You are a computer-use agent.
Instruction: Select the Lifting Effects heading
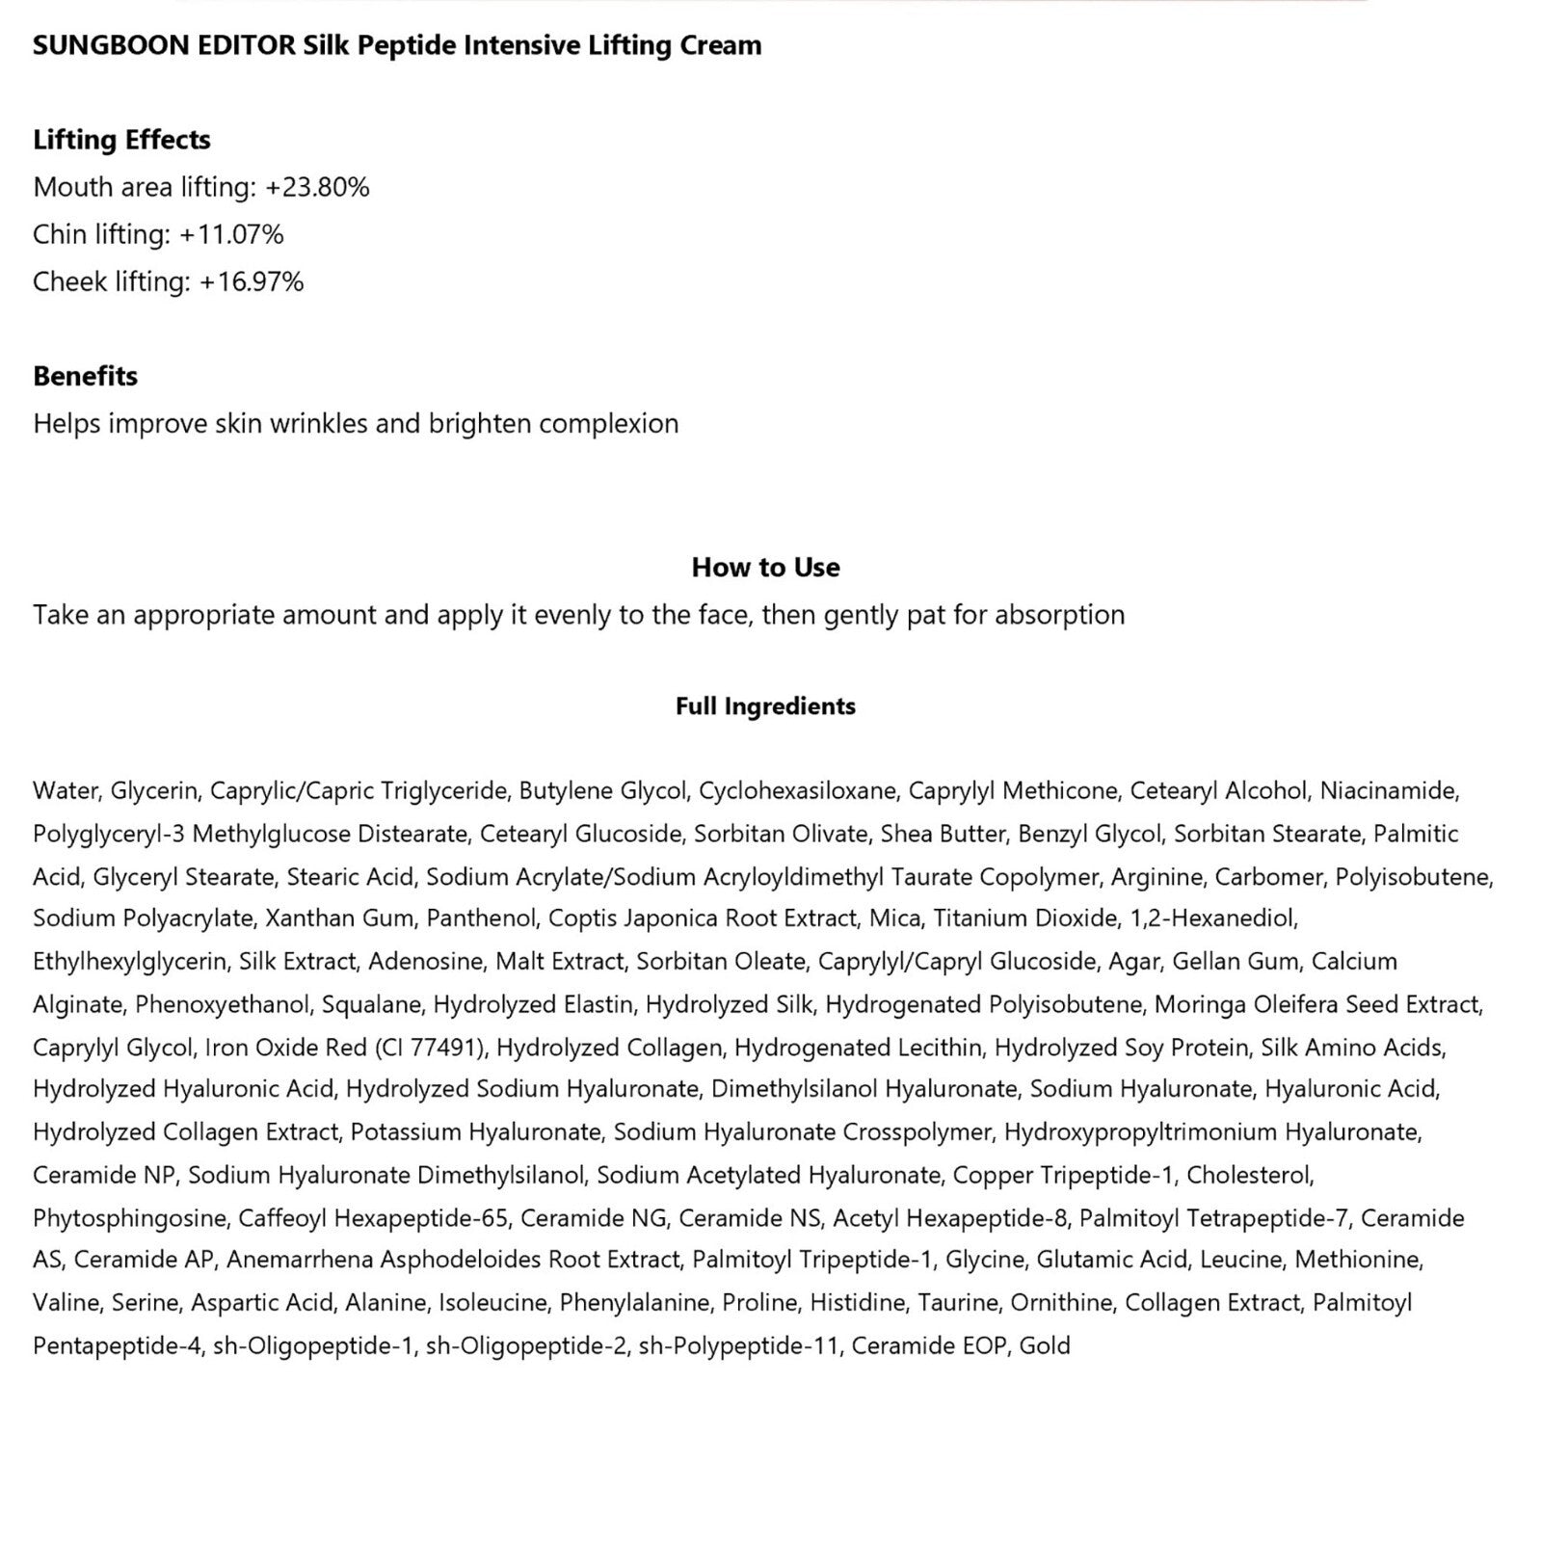point(121,140)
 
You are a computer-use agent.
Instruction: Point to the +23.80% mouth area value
point(317,187)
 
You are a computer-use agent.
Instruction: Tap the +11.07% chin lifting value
point(231,234)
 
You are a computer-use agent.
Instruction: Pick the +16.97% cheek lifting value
point(252,281)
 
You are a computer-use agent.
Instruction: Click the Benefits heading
point(85,376)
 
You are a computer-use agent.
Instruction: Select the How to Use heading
point(765,567)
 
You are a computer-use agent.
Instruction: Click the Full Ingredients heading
point(765,706)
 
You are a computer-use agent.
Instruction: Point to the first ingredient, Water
point(65,791)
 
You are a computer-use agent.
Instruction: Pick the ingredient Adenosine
point(426,961)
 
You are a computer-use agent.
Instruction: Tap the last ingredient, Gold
point(1045,1345)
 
